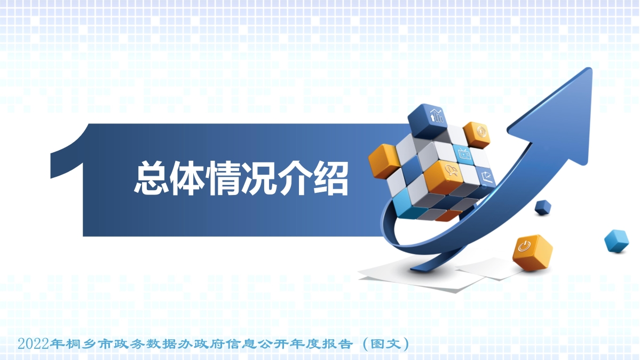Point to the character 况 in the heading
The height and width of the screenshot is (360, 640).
260,178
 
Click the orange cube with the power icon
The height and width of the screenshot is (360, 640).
532,251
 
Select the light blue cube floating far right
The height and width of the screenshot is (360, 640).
616,241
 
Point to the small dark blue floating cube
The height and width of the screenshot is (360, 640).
543,207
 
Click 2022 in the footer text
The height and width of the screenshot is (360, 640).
33,343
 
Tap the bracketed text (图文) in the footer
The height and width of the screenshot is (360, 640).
385,343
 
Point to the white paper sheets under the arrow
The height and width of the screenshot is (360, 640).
427,275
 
